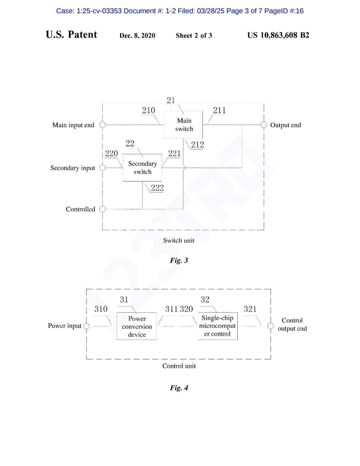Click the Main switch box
(x=183, y=125)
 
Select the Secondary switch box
(x=142, y=167)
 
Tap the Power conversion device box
(x=137, y=326)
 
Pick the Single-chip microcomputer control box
(x=217, y=326)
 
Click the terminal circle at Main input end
(x=102, y=125)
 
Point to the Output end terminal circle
(x=264, y=125)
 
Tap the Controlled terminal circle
(x=102, y=209)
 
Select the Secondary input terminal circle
(x=102, y=167)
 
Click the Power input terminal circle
(x=86, y=326)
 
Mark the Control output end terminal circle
(x=271, y=326)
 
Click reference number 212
(x=197, y=145)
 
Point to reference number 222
(x=157, y=188)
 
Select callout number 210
(x=149, y=110)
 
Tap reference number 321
(x=250, y=309)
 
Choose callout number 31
(x=124, y=299)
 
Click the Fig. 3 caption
(x=179, y=260)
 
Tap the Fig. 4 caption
(x=179, y=388)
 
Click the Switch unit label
(x=179, y=241)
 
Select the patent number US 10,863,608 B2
(x=278, y=35)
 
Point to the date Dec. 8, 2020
(x=137, y=36)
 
